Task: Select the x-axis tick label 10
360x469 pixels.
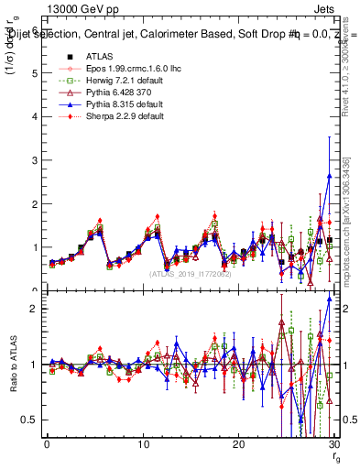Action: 142,444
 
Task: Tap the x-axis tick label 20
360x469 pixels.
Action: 238,444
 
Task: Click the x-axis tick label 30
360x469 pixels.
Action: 333,444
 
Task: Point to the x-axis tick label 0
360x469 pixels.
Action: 47,444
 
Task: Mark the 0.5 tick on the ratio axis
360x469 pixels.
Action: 28,420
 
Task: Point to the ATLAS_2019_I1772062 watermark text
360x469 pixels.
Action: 189,274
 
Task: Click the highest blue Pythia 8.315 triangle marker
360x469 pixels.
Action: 329,177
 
